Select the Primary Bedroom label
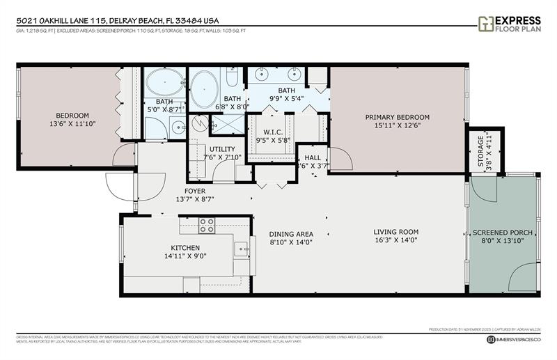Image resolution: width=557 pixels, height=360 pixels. [x=398, y=117]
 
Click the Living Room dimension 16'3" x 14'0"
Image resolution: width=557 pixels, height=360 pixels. [x=395, y=241]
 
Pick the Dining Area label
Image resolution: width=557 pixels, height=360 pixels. [x=291, y=234]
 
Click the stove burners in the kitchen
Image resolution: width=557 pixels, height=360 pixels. [x=207, y=225]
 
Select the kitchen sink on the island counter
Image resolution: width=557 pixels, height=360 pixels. [x=240, y=246]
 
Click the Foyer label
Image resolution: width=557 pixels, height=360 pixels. [x=194, y=190]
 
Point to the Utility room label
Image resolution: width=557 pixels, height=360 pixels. [x=221, y=149]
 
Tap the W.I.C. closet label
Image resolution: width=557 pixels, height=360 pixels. [x=272, y=132]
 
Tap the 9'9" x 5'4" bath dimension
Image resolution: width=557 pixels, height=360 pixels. [x=286, y=98]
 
